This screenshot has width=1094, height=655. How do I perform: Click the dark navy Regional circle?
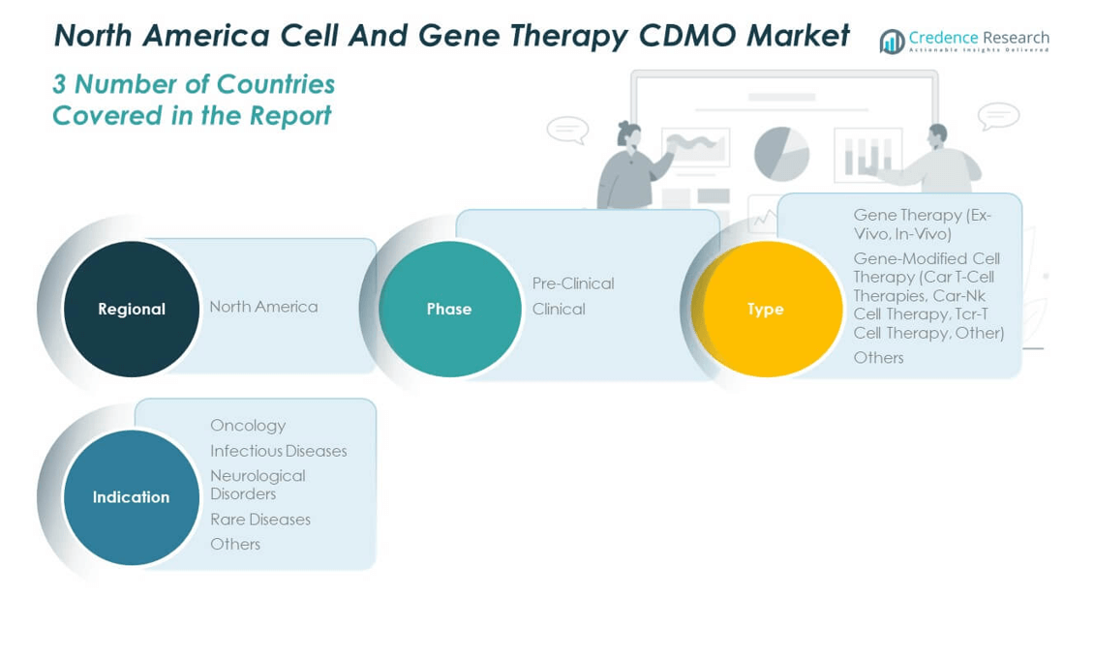(x=131, y=309)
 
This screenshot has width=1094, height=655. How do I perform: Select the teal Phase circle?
(x=449, y=309)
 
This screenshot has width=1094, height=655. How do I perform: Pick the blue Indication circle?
(x=131, y=497)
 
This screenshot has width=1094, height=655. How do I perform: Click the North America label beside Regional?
(x=263, y=307)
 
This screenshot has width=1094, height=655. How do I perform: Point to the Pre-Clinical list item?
(x=573, y=283)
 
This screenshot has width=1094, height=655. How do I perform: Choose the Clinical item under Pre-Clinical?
(x=559, y=309)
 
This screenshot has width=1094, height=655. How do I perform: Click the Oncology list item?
(x=248, y=426)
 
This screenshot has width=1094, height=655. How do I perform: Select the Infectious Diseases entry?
(x=279, y=451)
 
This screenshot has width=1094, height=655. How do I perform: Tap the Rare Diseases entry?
(x=260, y=520)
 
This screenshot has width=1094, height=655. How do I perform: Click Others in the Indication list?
(x=235, y=544)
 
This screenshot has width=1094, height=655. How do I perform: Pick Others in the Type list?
(x=878, y=358)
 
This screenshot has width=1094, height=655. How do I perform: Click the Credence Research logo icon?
(x=892, y=42)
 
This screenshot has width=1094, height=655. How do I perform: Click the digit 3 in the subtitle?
(x=59, y=84)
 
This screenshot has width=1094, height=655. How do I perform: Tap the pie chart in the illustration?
(x=781, y=154)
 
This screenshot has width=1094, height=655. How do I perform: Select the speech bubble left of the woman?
(x=568, y=130)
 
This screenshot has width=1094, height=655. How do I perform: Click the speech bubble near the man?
(x=998, y=116)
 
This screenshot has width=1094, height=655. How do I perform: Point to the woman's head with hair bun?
(x=628, y=133)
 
